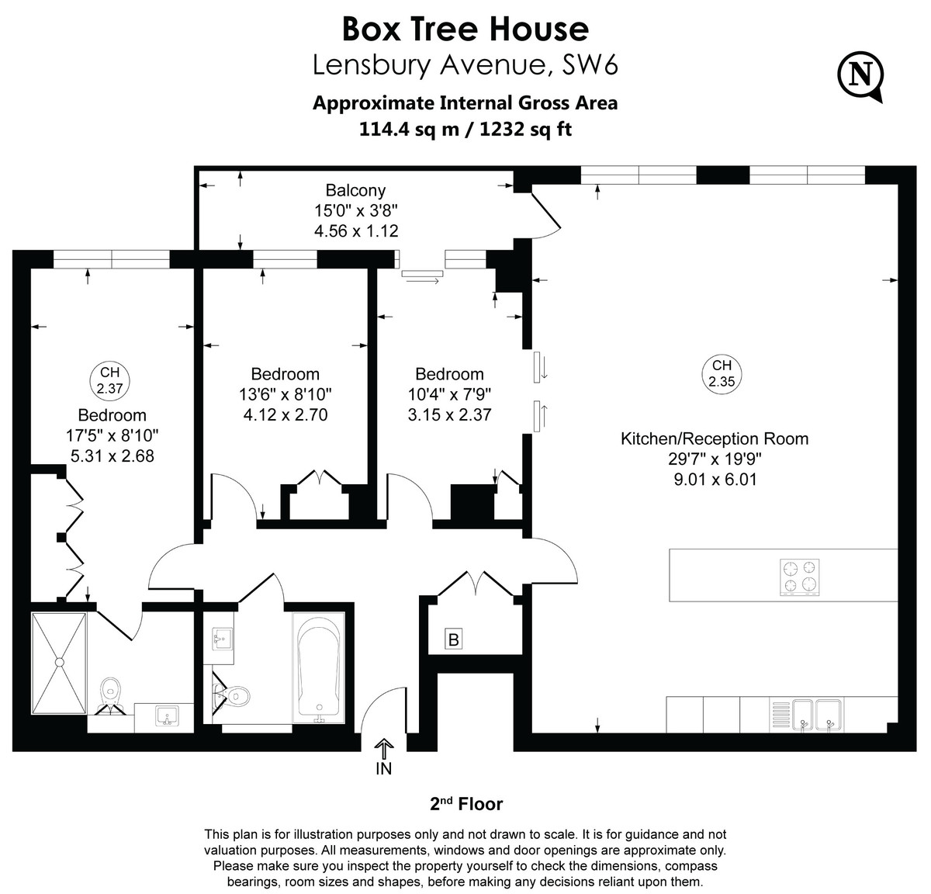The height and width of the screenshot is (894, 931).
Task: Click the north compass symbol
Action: pos(860,74)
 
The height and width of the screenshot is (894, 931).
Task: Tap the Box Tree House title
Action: pos(465,29)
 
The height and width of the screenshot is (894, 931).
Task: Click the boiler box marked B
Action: pos(454,639)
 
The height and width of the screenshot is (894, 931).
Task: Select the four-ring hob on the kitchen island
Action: pos(801,577)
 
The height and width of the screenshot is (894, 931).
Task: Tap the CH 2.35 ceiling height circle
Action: pos(721,373)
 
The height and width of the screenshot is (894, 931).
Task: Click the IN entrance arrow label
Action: pos(384,768)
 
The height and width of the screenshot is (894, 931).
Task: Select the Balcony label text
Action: pos(355,190)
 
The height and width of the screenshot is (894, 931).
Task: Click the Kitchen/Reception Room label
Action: pos(715,438)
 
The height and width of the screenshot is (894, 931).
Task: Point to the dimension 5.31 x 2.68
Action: pos(112,456)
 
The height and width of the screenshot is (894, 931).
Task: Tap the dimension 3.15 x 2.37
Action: pos(449,414)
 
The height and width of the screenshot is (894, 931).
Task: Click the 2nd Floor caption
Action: pos(465,804)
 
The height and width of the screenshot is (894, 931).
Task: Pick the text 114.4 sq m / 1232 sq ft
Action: pos(465,129)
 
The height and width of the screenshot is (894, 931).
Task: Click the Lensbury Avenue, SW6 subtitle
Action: pos(465,65)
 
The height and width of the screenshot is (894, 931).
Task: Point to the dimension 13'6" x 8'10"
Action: pos(286,394)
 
